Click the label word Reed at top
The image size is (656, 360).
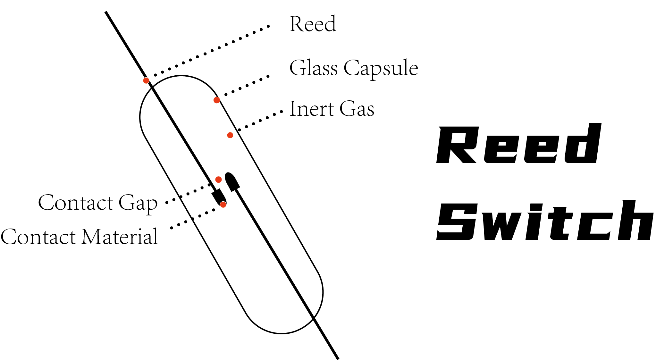tap(313, 24)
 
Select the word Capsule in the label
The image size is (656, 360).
tap(381, 69)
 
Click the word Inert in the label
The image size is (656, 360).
tap(312, 109)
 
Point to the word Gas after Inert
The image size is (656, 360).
tap(357, 109)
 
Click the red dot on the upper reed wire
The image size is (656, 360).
tap(146, 80)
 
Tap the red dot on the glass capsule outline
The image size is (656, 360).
tap(217, 100)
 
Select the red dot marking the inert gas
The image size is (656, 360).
tap(230, 135)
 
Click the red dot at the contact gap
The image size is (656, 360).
tap(218, 180)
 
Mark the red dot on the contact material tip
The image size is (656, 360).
tap(223, 205)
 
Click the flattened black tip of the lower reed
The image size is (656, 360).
tap(232, 181)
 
